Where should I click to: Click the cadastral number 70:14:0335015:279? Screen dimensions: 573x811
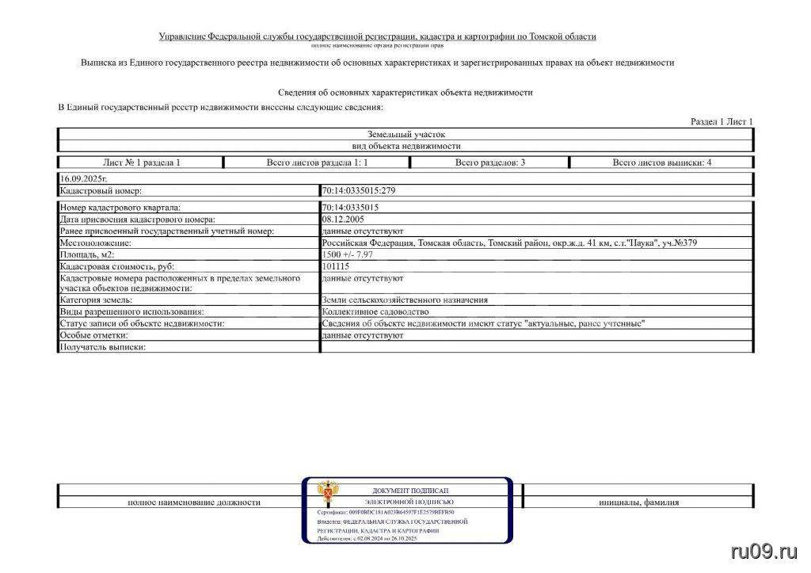(x=359, y=191)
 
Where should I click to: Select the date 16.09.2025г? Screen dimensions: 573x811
(x=82, y=180)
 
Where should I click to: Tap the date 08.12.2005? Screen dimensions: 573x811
(x=344, y=219)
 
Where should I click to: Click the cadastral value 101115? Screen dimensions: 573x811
(x=336, y=266)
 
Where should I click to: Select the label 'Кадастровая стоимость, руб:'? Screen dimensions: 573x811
(x=116, y=266)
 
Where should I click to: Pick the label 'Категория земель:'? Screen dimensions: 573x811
(x=96, y=300)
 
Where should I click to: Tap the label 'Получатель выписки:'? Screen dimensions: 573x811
(x=104, y=347)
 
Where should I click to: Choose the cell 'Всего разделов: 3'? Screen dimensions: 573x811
(x=489, y=162)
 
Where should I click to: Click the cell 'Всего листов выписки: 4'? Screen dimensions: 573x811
(x=661, y=162)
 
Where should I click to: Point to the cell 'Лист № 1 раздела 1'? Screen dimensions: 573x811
(x=142, y=162)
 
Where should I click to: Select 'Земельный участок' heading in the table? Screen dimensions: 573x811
(x=405, y=135)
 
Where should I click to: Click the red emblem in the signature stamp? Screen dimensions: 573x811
(x=324, y=492)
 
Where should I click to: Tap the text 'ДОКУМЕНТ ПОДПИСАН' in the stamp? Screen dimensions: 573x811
(x=409, y=491)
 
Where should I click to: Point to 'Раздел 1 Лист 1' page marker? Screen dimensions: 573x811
(x=722, y=121)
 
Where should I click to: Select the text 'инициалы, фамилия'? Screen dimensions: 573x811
(x=638, y=502)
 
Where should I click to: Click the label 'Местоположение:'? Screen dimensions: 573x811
(x=95, y=243)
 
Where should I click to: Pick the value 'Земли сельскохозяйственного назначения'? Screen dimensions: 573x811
(x=404, y=300)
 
